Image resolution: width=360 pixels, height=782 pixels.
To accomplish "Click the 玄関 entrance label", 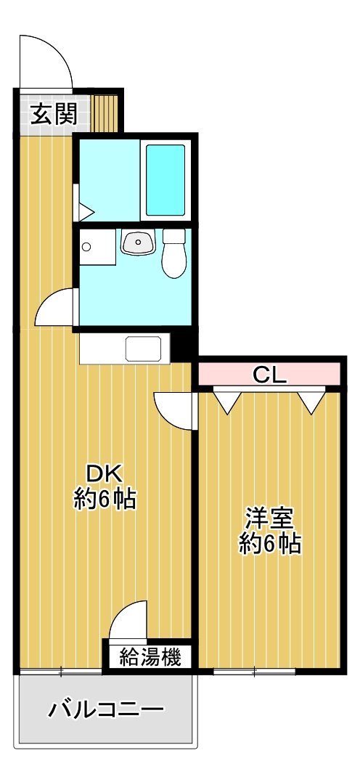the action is tap(54, 115).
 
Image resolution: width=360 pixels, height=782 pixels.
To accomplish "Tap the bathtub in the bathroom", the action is tap(165, 180).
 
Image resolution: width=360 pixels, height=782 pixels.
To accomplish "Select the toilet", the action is tap(173, 253).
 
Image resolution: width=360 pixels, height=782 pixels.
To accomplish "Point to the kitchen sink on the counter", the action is tap(144, 349).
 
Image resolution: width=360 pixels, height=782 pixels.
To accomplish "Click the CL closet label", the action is tap(269, 375).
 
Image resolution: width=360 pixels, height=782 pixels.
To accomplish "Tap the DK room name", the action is tap(105, 472).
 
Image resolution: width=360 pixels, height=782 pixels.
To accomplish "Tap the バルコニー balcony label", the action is tap(106, 709).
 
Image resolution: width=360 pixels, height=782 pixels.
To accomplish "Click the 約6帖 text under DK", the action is tap(105, 499).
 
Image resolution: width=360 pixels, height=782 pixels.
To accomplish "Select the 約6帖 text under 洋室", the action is tap(270, 544).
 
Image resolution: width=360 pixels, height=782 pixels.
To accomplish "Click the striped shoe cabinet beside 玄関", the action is tap(105, 113).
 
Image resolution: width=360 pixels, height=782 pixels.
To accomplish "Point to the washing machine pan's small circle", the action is tap(87, 246).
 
